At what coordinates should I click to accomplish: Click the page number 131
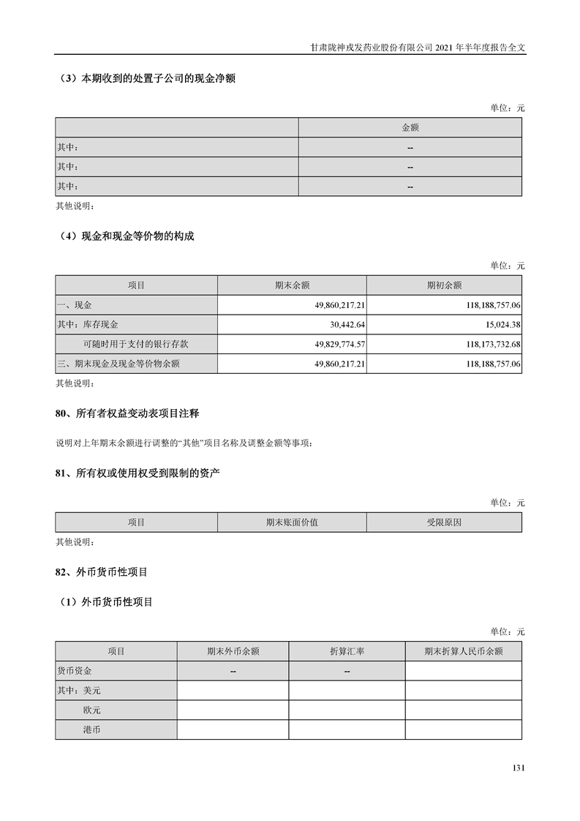519,768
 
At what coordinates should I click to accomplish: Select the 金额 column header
410,127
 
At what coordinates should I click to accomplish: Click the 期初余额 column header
444,285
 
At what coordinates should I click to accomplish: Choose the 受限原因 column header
444,522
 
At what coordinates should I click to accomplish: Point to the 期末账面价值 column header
292,522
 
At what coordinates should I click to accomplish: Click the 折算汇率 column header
347,651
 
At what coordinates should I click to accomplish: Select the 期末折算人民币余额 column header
463,651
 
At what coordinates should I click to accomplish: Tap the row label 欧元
92,710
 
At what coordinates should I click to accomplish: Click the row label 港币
92,730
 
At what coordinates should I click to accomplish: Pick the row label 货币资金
75,670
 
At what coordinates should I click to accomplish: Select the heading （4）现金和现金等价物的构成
125,236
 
